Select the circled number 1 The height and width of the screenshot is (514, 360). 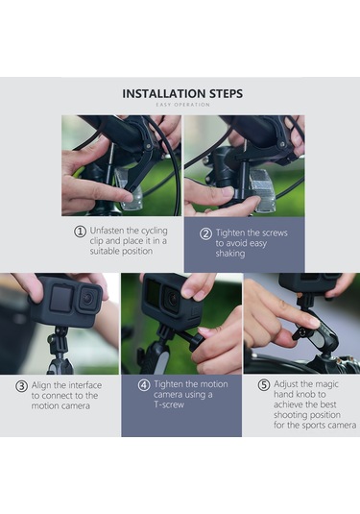pyautogui.click(x=80, y=232)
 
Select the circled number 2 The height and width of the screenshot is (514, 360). pyautogui.click(x=204, y=233)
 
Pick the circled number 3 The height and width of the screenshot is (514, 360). pyautogui.click(x=21, y=386)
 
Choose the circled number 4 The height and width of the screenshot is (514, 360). pyautogui.click(x=144, y=385)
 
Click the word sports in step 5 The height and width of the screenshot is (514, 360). pyautogui.click(x=305, y=426)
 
